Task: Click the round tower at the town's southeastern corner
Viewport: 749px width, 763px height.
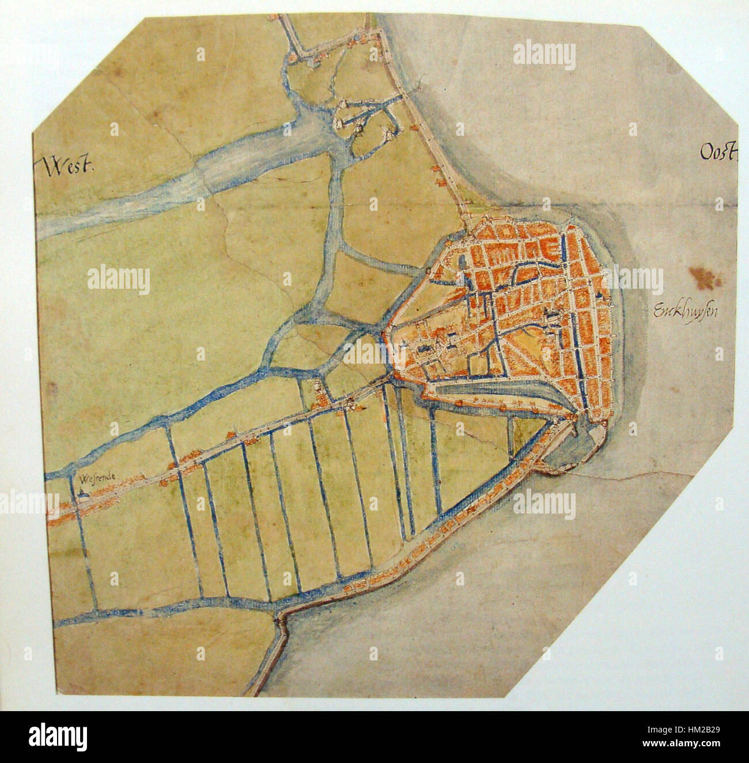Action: [x=603, y=424]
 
